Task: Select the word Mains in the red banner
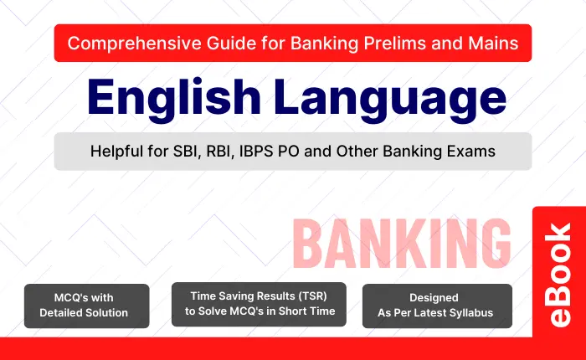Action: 494,44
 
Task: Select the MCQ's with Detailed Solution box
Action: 87,306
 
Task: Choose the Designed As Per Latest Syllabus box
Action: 437,306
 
